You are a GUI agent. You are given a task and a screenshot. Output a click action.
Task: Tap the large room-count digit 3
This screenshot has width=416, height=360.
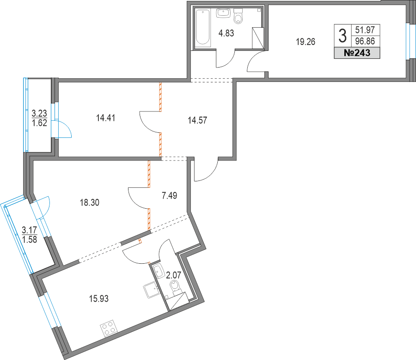click(x=342, y=35)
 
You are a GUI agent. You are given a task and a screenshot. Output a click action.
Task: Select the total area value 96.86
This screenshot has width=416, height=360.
click(x=365, y=40)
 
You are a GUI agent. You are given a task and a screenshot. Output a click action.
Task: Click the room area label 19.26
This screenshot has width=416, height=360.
click(x=305, y=42)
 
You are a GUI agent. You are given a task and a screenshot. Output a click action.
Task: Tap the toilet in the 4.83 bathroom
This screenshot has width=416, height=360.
click(x=239, y=17)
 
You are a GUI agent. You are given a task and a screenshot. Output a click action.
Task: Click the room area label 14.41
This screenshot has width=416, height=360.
click(x=105, y=118)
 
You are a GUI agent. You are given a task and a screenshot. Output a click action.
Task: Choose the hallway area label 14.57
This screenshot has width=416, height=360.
click(x=197, y=121)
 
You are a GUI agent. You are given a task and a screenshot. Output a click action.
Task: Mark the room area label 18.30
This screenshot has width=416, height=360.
click(x=89, y=202)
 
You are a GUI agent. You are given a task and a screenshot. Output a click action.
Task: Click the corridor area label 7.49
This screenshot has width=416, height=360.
click(x=170, y=196)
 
